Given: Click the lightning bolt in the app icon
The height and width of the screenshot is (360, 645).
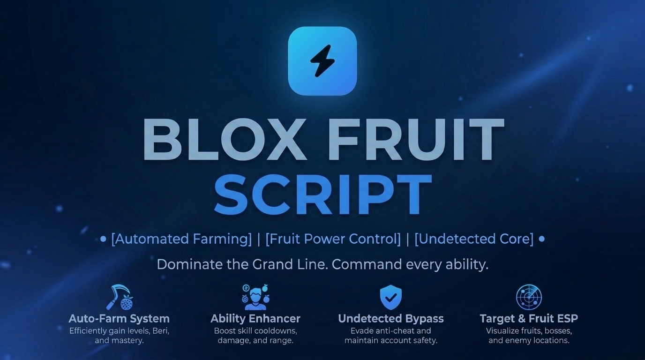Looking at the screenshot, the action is click(x=322, y=61).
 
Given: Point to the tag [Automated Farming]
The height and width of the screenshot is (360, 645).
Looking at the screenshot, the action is click(x=181, y=239).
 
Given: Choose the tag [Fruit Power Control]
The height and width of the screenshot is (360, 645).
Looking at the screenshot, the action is click(x=333, y=239).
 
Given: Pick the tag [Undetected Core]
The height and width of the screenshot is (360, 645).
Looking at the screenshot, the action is click(x=474, y=239).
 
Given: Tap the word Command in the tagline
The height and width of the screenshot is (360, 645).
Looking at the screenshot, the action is click(x=367, y=264).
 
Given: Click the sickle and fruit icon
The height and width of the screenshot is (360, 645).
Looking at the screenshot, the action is click(x=119, y=297).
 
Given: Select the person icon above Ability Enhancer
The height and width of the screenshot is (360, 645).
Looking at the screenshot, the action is click(x=255, y=297).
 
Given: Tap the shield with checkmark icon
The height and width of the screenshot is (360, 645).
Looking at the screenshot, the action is click(x=391, y=297).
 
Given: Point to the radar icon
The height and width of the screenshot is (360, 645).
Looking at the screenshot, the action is click(x=529, y=297).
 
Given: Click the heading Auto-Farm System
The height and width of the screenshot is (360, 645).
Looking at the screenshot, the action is click(x=119, y=319).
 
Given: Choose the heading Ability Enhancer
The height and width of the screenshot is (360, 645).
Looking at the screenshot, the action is click(x=255, y=319).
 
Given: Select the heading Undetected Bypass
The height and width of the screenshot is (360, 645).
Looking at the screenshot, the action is click(x=391, y=319).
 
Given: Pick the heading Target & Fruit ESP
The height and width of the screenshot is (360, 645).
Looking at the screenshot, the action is click(x=529, y=319).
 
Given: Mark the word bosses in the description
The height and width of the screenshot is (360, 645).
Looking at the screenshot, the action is click(x=555, y=331).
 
